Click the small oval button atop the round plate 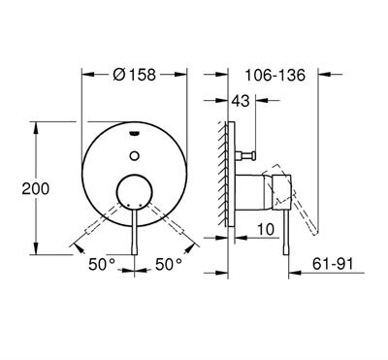pos(131,128)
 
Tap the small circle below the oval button pos(131,150)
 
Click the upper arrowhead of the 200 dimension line pos(37,124)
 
